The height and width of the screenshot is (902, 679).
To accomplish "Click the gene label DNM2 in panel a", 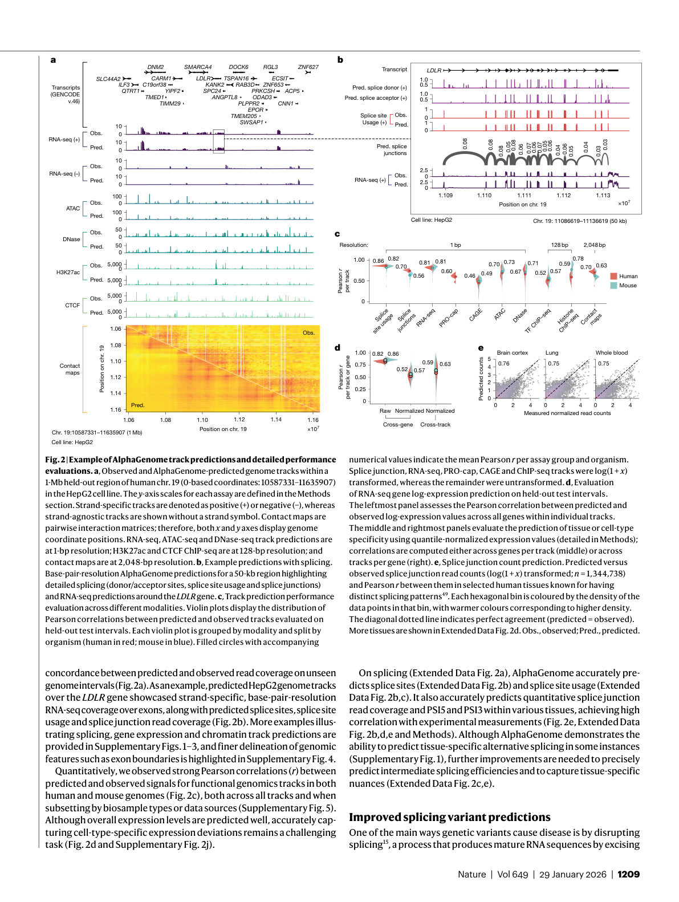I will click(155, 67).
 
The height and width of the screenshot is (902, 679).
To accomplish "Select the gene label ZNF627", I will click(308, 67).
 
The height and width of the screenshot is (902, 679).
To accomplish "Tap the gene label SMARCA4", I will click(198, 67).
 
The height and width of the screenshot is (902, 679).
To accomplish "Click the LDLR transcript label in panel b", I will click(434, 71).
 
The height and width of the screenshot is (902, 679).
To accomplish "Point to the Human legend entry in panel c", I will click(628, 276).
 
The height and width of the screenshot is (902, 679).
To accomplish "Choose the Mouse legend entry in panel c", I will click(627, 286).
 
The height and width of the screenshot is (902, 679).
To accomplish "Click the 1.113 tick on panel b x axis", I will click(603, 196).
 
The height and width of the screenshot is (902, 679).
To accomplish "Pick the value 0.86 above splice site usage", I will click(378, 261).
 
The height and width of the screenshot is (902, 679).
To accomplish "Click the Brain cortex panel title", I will click(512, 353).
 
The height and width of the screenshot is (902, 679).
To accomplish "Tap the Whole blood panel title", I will click(611, 353).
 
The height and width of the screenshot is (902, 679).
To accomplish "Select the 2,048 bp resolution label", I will click(594, 245).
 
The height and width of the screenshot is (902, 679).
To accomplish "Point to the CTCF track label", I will click(72, 306).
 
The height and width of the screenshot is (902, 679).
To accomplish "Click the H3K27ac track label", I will click(68, 273).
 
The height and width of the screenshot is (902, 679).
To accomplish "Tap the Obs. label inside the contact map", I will click(308, 333).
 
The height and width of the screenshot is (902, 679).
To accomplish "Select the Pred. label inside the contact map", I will click(137, 405).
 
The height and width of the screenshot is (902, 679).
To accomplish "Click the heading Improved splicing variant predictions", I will click(449, 817).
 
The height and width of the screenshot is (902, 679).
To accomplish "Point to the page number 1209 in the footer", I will click(628, 875).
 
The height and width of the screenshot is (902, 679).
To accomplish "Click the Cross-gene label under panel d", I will click(397, 425).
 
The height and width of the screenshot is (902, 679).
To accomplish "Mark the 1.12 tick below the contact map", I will click(239, 420).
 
